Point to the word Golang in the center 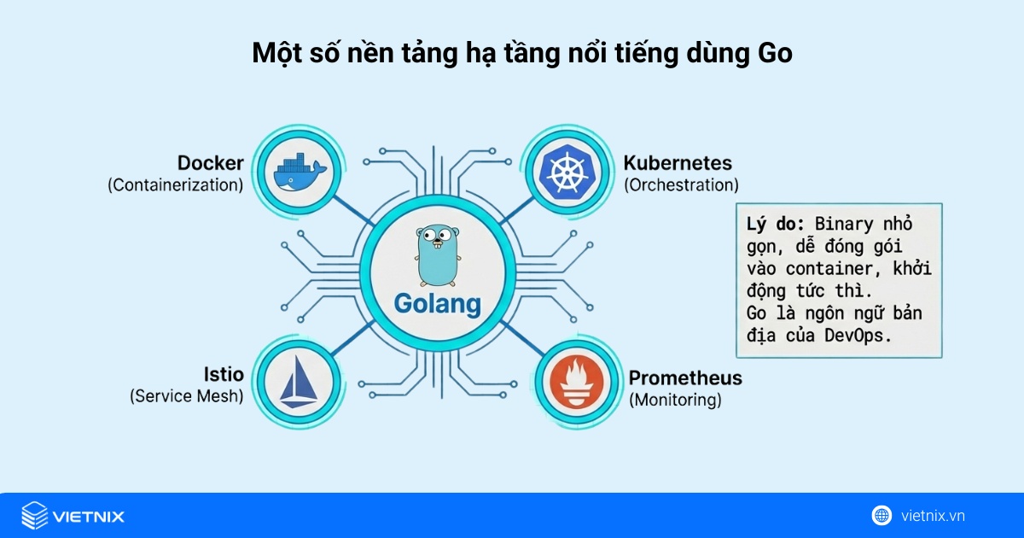click(x=437, y=303)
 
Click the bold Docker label click(x=211, y=162)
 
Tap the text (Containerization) click(x=176, y=184)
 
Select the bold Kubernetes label click(x=678, y=162)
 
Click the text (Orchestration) click(x=681, y=184)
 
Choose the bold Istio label click(x=224, y=374)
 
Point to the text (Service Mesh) click(x=187, y=396)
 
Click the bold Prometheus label click(x=685, y=377)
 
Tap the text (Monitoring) click(x=675, y=400)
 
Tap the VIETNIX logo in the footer click(x=73, y=516)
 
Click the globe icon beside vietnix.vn click(x=881, y=515)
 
